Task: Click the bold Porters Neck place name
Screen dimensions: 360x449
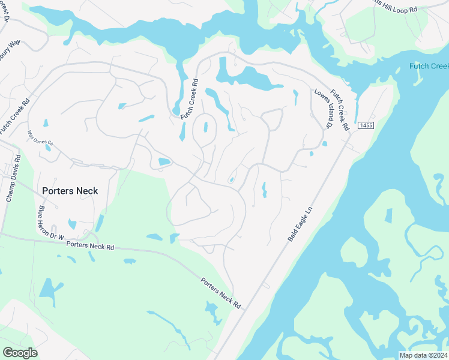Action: pos(70,191)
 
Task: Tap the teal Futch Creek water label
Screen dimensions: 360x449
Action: pos(429,66)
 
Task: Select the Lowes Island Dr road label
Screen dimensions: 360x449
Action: pos(323,109)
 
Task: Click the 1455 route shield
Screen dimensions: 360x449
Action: pos(365,125)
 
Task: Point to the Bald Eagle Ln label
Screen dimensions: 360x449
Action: pos(301,224)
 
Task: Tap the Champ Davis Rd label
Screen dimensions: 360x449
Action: pos(13,178)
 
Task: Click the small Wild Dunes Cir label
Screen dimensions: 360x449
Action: pos(41,140)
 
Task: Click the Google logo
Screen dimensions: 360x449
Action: pos(20,353)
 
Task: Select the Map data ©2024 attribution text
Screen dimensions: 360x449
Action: pos(423,355)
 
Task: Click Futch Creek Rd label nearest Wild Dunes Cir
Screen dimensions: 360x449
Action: pos(11,116)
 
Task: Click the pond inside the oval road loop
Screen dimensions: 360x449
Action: pos(206,128)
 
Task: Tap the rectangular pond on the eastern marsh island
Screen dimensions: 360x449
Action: pos(388,216)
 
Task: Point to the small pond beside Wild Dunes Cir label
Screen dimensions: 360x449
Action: pos(47,147)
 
